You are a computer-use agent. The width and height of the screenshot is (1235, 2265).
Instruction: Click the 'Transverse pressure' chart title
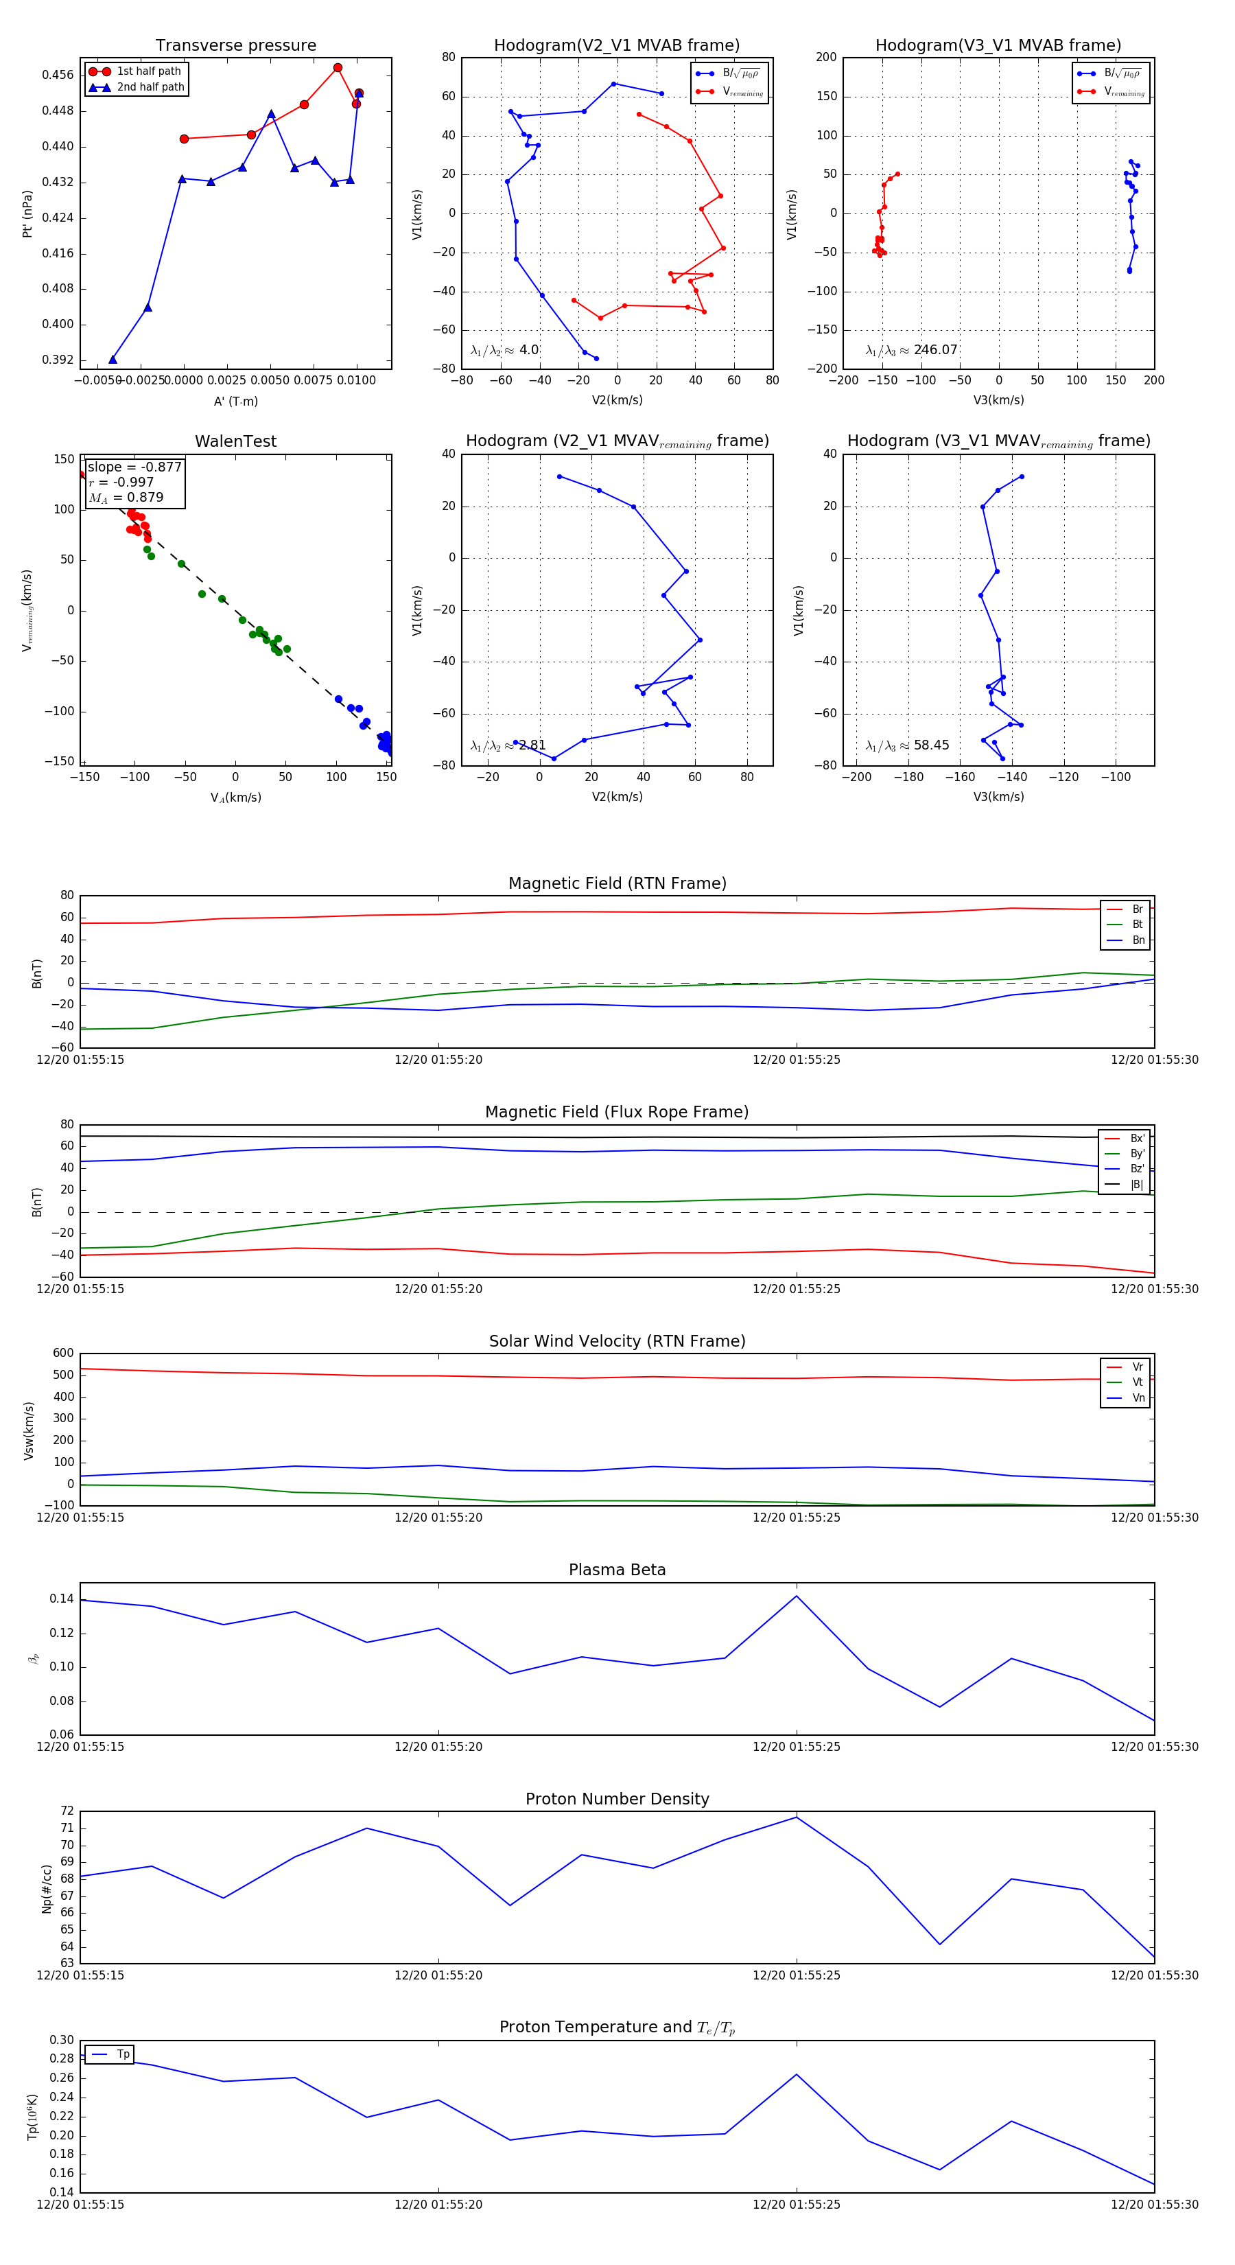(x=235, y=46)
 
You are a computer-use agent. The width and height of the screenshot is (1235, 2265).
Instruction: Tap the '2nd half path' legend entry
(x=150, y=87)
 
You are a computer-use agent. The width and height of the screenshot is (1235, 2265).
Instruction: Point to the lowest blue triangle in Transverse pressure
(x=113, y=359)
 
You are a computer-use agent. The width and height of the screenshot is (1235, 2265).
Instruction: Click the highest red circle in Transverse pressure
(x=338, y=68)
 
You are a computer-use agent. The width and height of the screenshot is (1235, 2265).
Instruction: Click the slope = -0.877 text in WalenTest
(x=134, y=467)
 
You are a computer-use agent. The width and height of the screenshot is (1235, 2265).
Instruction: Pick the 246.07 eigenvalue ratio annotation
(x=935, y=350)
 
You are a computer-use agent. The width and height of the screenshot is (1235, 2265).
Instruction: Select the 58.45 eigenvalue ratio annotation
(x=931, y=745)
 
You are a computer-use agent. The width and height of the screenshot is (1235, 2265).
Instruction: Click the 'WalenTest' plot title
(x=235, y=441)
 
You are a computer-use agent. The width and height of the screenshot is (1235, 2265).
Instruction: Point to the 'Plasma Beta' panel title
(x=617, y=1570)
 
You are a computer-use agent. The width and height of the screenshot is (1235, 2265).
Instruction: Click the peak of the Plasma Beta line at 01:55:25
(x=797, y=1596)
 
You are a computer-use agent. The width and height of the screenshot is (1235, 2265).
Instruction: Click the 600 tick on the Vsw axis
(x=63, y=1354)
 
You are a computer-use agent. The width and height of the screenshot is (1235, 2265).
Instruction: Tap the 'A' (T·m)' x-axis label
(x=235, y=401)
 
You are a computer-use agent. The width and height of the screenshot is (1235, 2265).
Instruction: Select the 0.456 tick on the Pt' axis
(x=58, y=75)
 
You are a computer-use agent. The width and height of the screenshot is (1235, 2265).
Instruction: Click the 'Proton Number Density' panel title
(x=617, y=1799)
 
